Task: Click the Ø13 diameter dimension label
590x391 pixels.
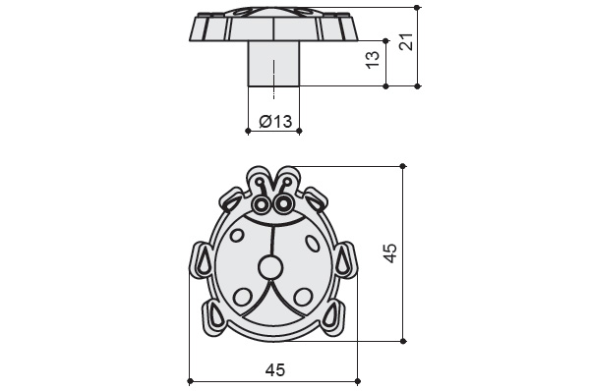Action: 275,121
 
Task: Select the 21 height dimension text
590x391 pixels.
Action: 406,41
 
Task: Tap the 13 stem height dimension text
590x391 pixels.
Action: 373,60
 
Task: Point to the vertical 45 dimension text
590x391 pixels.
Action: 390,253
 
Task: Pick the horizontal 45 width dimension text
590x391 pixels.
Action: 275,370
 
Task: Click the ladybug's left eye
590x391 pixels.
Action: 261,204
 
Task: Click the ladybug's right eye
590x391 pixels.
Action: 284,204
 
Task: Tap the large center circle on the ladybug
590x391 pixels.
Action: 270,267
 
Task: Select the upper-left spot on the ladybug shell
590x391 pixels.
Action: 237,236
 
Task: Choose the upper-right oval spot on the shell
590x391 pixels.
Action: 312,243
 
